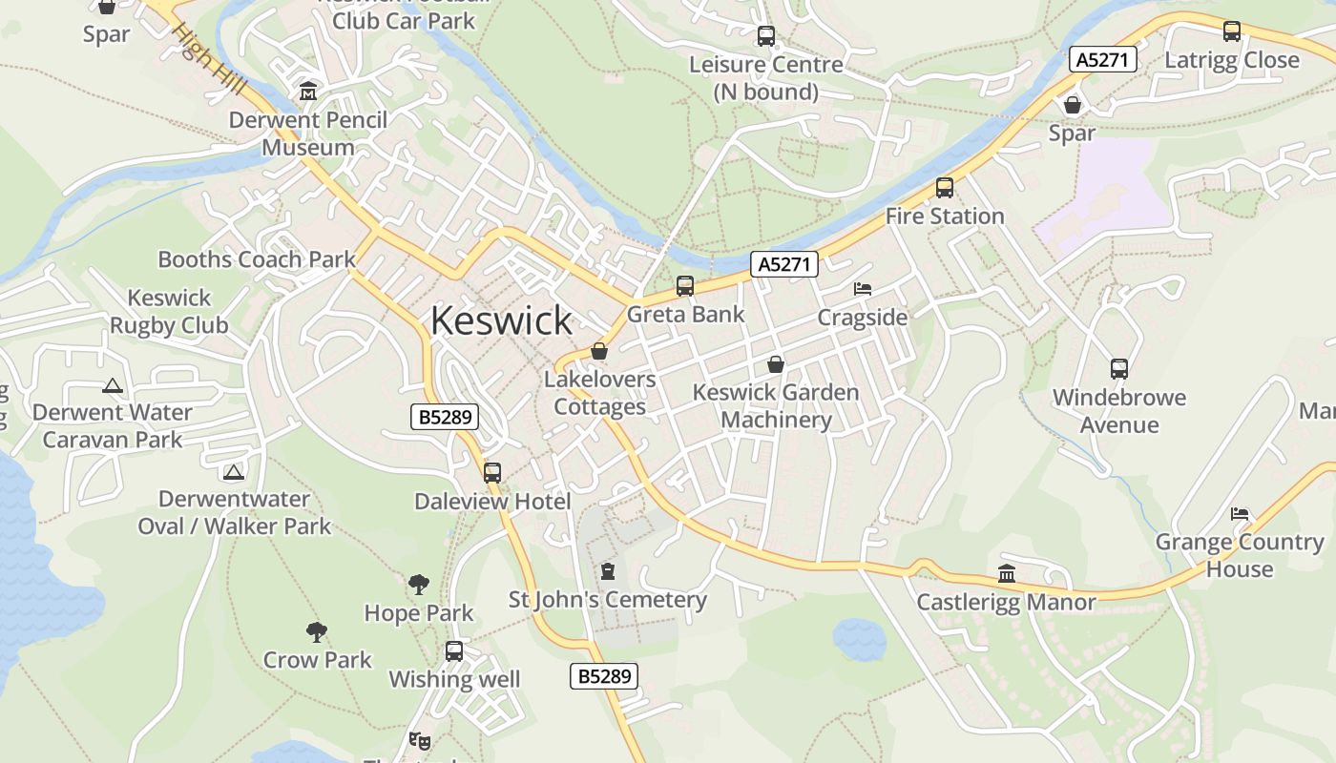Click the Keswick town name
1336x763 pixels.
[501, 320]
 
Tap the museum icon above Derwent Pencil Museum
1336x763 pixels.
[308, 92]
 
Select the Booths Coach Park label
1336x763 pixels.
[257, 258]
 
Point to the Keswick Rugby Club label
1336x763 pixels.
[169, 312]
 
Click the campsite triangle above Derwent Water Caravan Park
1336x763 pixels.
[113, 386]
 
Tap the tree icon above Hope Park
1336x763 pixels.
[418, 585]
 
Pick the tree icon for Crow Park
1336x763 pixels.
[317, 631]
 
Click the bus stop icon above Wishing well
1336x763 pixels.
[454, 651]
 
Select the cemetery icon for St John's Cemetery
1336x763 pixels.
[608, 572]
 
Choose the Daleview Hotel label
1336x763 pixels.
[492, 502]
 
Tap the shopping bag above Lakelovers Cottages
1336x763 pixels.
[599, 351]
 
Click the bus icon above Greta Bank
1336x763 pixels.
[684, 285]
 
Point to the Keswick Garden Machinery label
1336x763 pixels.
[776, 405]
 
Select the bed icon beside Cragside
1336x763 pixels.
[862, 288]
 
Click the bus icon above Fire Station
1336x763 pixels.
[945, 188]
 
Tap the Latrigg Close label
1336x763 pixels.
[1232, 60]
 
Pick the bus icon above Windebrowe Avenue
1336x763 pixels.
[1119, 368]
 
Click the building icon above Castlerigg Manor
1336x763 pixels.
[1007, 573]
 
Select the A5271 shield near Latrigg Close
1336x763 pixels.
[1103, 60]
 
